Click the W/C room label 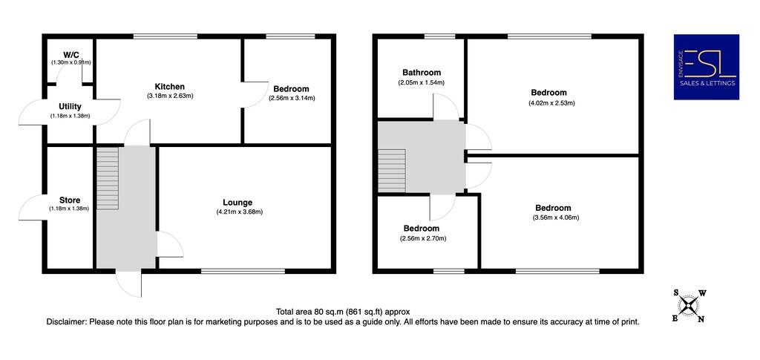coord(71,54)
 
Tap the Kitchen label coord(169,86)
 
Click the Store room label coord(70,200)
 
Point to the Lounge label coord(237,202)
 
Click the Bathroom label coord(422,72)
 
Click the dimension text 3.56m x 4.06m coord(555,218)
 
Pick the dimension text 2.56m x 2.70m coord(422,239)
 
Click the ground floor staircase coord(108,178)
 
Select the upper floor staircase coord(392,170)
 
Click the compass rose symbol coord(689,305)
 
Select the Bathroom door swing coord(445,108)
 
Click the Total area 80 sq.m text coord(342,312)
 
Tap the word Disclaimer coord(67,322)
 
